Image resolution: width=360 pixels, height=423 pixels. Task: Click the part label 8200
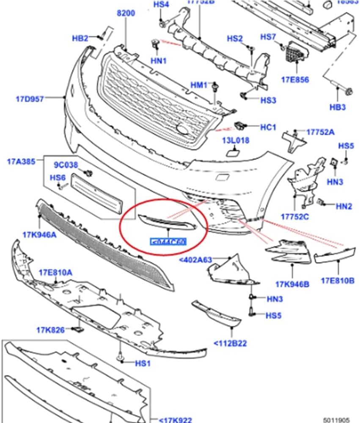point(126,13)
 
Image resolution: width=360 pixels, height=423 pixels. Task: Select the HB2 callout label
point(80,38)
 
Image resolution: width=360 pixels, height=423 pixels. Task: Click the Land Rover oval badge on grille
point(183,130)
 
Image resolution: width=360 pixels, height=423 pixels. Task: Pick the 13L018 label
point(236,140)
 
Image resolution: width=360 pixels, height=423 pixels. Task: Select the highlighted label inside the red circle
point(168,242)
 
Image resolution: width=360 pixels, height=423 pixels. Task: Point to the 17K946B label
point(292,284)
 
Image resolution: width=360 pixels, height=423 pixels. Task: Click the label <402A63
point(195,260)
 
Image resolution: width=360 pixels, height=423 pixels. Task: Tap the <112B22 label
point(230,343)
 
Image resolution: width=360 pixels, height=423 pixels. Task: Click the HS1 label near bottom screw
point(142,363)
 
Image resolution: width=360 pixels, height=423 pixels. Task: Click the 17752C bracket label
point(294,217)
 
